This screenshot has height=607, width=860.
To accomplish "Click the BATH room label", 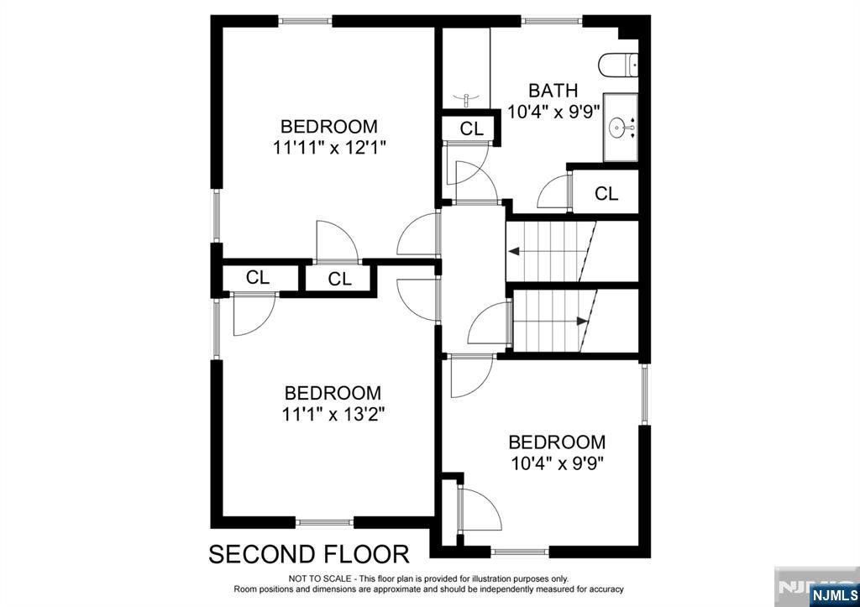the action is (553, 89).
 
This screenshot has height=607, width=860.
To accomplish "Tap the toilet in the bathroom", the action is (617, 65).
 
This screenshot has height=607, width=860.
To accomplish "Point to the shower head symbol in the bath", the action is (465, 99).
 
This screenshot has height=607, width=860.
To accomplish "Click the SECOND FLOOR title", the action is (309, 554).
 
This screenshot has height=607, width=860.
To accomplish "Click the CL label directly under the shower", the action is (472, 128).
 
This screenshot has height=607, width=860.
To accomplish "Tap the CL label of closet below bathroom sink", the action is (606, 193).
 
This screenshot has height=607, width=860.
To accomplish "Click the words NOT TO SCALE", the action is (320, 578).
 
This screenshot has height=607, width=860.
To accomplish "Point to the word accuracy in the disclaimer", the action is (606, 589).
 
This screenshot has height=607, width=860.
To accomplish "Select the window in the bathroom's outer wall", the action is (551, 21).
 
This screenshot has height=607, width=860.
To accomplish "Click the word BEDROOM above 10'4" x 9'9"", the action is (557, 442).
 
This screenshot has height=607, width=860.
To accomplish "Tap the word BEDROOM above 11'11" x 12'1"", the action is (329, 126).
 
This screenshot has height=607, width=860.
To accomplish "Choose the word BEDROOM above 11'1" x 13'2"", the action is (333, 393).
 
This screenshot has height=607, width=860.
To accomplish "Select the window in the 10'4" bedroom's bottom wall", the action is (520, 552).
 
